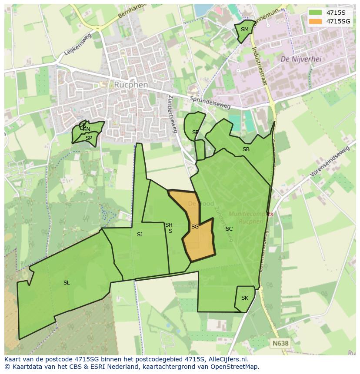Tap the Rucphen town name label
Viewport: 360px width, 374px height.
point(131,85)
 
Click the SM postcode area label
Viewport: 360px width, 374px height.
point(244,30)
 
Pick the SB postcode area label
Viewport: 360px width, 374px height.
point(246,149)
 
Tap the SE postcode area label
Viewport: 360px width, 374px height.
point(195,132)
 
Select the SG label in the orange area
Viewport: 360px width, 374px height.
point(195,227)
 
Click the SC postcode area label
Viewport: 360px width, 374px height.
point(229,229)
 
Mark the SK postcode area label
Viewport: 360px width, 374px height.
point(244,298)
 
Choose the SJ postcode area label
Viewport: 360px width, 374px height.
point(140,235)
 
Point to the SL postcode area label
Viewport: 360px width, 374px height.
point(67,283)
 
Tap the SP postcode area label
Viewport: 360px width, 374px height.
point(89,138)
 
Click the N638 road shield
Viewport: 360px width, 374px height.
point(280,343)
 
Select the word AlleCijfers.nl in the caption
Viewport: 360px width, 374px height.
point(227,359)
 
